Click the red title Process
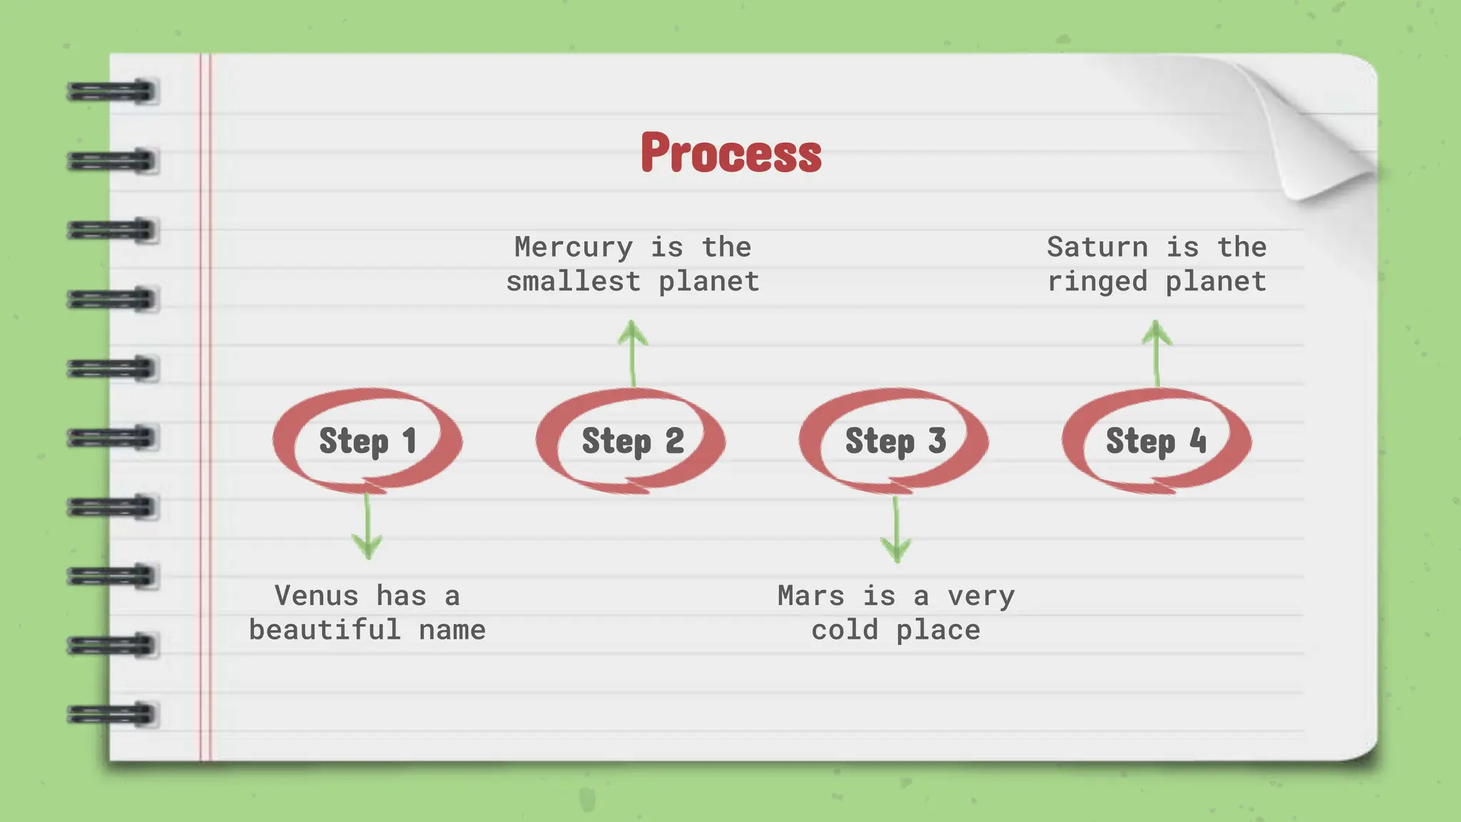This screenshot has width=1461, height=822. (730, 153)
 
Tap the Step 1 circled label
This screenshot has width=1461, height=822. (367, 440)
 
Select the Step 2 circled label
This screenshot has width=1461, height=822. (632, 440)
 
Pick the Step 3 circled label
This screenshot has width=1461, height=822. (895, 440)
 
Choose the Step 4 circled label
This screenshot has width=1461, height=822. (1156, 440)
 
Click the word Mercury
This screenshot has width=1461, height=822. (574, 248)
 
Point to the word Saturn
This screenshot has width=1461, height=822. (1097, 248)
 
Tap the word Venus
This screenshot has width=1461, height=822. (316, 596)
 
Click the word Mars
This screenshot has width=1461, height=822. (811, 596)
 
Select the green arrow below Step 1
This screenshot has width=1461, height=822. (367, 528)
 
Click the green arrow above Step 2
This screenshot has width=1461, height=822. (633, 353)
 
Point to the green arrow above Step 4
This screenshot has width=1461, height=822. (1156, 353)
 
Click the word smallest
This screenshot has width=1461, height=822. (573, 282)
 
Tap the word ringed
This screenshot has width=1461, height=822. (1097, 282)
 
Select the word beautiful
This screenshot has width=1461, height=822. (325, 630)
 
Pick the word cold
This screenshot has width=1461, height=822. (845, 630)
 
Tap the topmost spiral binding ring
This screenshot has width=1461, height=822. (112, 92)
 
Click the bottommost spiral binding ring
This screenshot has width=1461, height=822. (112, 714)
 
